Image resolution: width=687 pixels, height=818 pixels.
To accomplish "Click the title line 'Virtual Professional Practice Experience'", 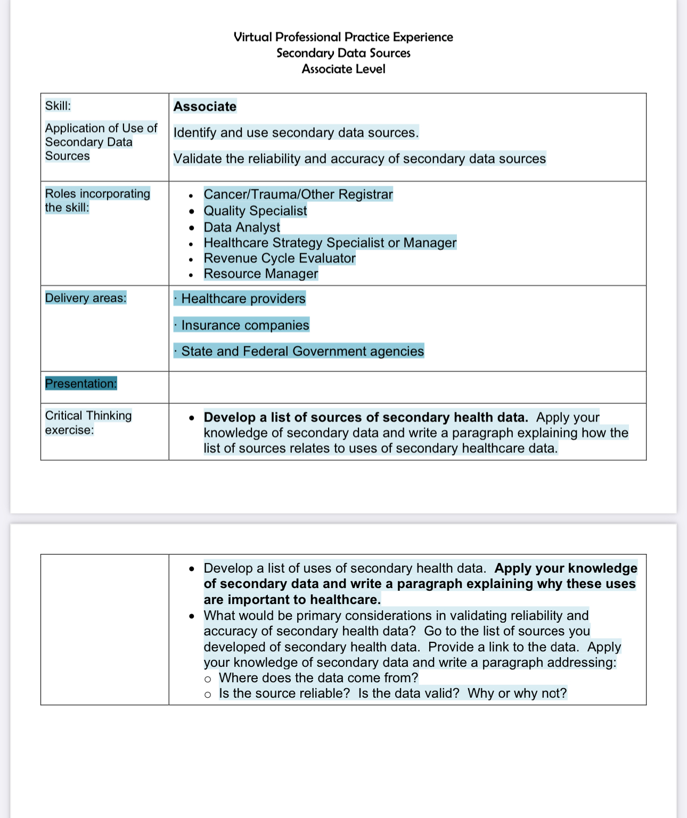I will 343,37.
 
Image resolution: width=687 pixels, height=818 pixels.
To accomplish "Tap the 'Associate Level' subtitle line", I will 343,69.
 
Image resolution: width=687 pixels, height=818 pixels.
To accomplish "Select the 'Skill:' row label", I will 58,106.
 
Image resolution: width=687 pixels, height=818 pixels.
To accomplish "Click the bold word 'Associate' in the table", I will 205,106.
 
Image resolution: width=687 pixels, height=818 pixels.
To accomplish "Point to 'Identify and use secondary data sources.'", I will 296,133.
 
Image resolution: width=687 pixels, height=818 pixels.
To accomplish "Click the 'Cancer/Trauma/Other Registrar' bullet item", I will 298,194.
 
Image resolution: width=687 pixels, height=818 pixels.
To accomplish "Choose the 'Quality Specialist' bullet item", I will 255,211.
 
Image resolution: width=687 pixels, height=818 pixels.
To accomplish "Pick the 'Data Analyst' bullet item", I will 242,227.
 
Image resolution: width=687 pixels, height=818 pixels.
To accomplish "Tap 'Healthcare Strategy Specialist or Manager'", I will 330,243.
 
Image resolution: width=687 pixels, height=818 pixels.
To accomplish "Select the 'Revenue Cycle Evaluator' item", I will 280,258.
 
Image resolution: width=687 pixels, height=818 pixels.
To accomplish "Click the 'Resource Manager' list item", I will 261,274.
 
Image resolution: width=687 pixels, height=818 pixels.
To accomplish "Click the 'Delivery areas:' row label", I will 86,298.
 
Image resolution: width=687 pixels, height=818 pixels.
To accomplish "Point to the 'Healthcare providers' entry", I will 243,299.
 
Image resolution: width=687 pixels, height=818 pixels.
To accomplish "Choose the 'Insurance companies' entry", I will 245,325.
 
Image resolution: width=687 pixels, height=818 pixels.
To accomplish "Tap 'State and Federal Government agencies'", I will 302,351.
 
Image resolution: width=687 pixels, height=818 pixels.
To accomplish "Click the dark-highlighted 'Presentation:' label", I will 81,384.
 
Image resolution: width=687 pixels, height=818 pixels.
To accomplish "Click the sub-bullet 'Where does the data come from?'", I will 318,678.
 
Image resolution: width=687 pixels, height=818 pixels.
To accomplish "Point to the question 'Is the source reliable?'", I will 284,693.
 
